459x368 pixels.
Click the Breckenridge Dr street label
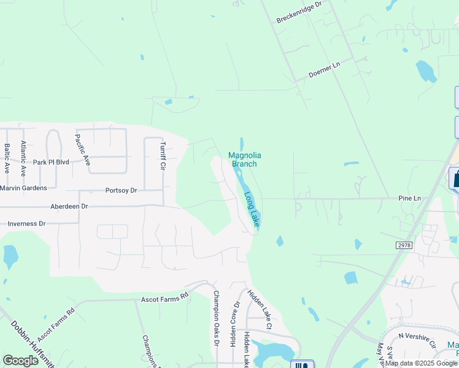pos(298,12)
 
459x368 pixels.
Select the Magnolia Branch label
pos(242,159)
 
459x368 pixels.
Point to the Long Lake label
pos(252,210)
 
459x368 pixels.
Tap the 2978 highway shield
pos(404,245)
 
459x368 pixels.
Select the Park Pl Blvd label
pos(52,163)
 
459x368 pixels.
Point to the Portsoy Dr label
pos(121,191)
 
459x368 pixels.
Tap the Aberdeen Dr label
pos(69,207)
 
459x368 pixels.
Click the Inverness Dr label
pos(25,224)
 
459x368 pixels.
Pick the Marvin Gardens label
pos(23,188)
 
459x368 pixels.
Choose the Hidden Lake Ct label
pos(259,307)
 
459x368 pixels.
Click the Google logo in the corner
pos(21,361)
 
